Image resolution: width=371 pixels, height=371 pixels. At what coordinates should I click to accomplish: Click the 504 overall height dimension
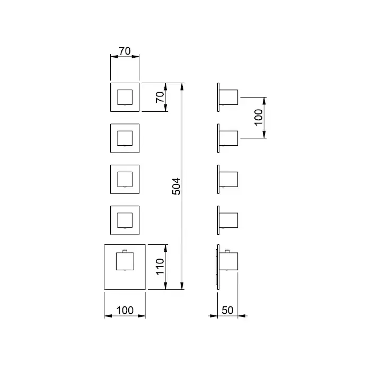(x=177, y=186)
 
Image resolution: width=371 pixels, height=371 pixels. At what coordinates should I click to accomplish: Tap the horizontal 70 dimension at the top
(x=125, y=52)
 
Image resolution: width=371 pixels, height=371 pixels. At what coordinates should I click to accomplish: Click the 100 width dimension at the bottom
(x=125, y=311)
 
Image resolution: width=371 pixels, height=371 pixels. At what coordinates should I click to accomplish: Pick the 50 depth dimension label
(x=228, y=311)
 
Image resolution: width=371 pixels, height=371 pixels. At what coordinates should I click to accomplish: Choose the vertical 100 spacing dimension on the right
(x=258, y=117)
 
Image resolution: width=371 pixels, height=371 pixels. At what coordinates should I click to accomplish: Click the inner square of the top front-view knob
(x=125, y=98)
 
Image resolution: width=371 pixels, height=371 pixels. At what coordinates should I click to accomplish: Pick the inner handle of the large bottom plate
(x=125, y=261)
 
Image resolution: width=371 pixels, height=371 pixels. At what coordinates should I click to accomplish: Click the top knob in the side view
(x=229, y=98)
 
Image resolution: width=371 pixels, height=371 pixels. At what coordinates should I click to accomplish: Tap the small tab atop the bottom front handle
(x=125, y=251)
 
